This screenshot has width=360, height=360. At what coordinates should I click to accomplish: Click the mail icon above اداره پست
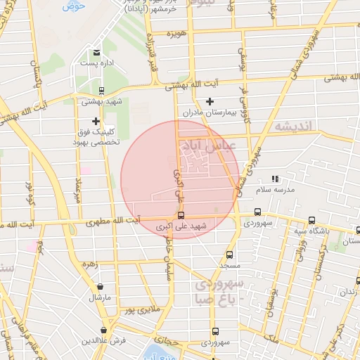pyautogui.click(x=96, y=52)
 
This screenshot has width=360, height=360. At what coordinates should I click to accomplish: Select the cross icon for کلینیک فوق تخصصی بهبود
pyautogui.click(x=96, y=121)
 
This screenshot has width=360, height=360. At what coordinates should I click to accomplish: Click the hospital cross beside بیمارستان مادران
pyautogui.click(x=209, y=102)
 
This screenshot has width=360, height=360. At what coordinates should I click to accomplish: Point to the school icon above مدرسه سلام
pyautogui.click(x=275, y=179)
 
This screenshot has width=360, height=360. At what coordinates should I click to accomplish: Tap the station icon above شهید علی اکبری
pyautogui.click(x=181, y=215)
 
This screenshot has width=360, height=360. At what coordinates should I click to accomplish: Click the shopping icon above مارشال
pyautogui.click(x=101, y=286)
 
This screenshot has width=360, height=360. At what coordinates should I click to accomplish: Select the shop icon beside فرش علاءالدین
pyautogui.click(x=103, y=330)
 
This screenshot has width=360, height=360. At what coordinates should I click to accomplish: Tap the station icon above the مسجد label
pyautogui.click(x=229, y=255)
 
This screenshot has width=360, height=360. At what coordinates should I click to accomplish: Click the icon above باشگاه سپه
pyautogui.click(x=311, y=221)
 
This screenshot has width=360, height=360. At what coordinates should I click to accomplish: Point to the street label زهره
pyautogui.click(x=90, y=265)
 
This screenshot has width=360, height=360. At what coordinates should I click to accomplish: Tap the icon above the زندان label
pyautogui.click(x=358, y=280)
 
